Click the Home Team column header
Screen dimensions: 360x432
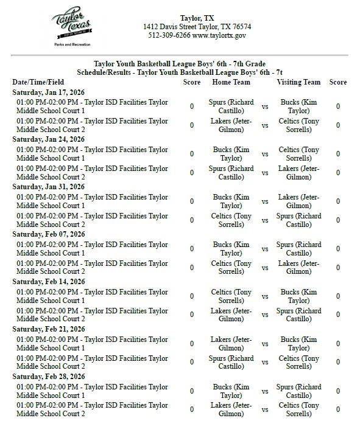coord(231,82)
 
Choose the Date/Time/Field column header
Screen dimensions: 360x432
coord(38,82)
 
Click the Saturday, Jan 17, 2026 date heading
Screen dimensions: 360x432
coord(49,92)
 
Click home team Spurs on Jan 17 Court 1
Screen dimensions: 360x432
coord(231,106)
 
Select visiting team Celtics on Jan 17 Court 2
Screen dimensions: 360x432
coord(298,125)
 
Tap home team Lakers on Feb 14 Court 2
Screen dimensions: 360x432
coord(231,315)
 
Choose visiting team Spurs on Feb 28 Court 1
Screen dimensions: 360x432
coord(298,391)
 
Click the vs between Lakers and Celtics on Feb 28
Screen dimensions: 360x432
coord(265,410)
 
